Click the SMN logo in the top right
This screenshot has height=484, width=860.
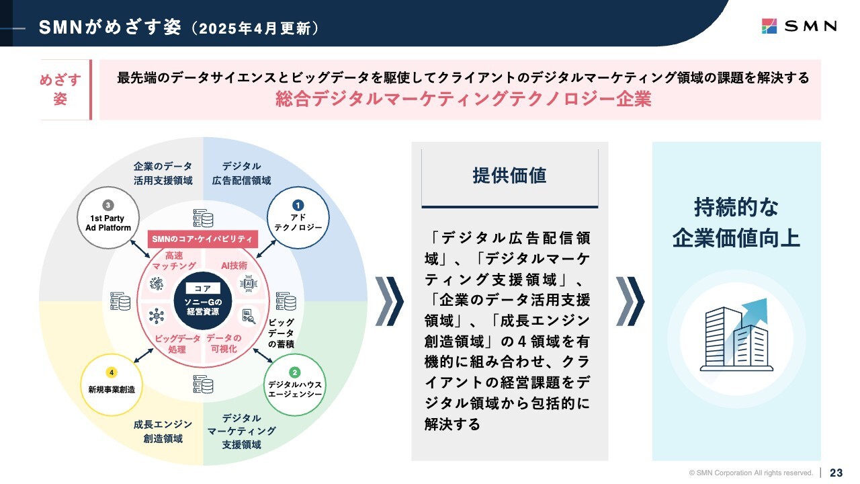pos(799,26)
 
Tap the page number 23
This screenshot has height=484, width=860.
pos(836,473)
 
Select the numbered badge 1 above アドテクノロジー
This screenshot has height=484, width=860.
pos(298,205)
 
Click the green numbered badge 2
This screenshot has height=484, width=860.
pos(294,372)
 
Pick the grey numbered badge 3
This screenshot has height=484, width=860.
pos(108,205)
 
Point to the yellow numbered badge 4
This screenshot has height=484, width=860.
pos(112,372)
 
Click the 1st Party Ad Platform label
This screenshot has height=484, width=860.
pos(108,223)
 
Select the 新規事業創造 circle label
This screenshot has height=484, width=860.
pos(112,389)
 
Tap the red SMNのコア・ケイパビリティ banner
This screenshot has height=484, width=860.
pos(203,239)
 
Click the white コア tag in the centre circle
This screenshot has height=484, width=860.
pos(203,288)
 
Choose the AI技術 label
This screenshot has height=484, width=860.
pos(234,266)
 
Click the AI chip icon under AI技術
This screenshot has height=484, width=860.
pos(249,284)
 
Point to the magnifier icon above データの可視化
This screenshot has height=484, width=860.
pos(249,316)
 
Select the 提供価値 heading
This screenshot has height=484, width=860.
pos(509,175)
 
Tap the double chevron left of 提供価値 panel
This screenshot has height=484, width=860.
pos(389,301)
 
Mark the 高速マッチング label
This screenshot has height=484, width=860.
pos(174,260)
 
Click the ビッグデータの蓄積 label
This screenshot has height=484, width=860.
pos(281,333)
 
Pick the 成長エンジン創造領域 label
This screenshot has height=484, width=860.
pos(163,432)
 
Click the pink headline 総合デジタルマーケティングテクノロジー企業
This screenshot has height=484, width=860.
pos(464,99)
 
